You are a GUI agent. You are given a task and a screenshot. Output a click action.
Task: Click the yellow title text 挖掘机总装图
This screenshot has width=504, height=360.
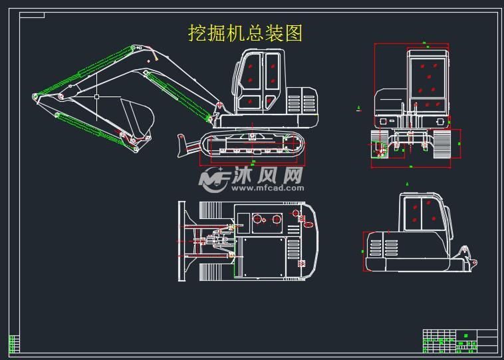245,33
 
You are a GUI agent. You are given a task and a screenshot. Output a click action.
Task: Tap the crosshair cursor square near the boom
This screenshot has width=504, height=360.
97,96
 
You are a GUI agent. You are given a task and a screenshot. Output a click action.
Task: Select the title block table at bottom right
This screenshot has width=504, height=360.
459,340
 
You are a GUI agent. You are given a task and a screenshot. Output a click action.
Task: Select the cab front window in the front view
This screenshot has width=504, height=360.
428,77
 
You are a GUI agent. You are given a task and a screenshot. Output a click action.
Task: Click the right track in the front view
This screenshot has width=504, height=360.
441,143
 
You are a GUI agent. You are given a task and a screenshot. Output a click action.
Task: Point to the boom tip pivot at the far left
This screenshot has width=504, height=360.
35,98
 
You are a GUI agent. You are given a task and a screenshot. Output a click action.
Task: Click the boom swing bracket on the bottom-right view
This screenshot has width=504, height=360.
467,256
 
